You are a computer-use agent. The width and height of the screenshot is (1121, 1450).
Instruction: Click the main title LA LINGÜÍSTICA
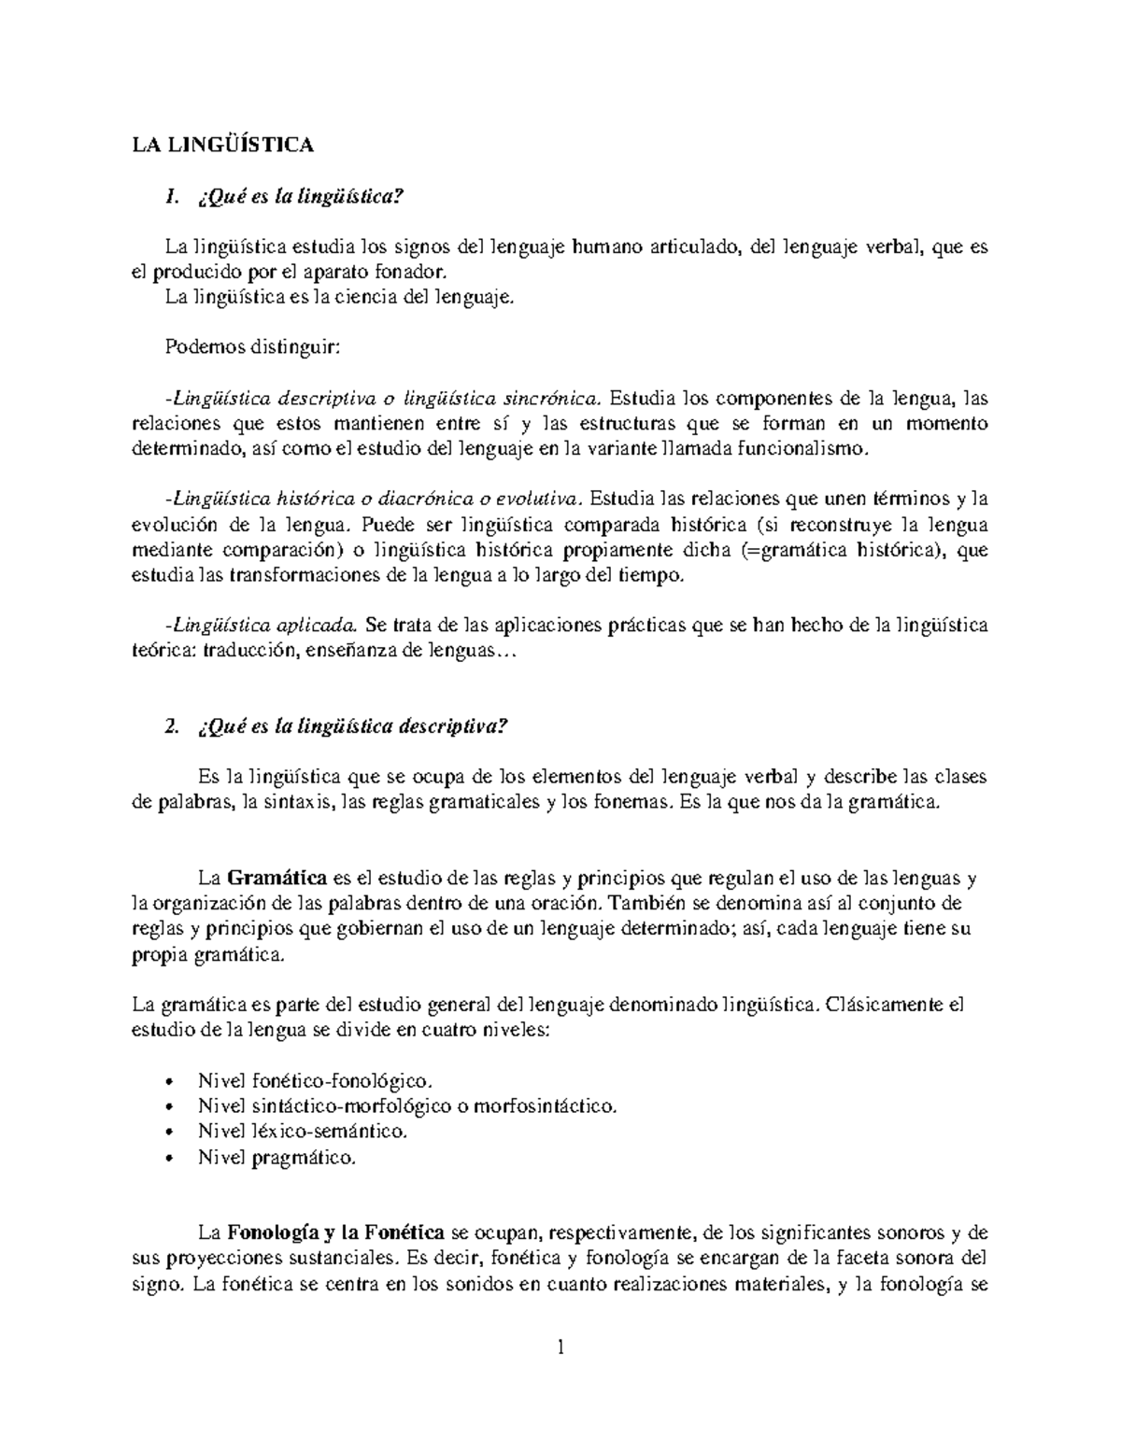click(x=222, y=145)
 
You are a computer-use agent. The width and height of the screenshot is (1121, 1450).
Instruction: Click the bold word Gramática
click(x=277, y=880)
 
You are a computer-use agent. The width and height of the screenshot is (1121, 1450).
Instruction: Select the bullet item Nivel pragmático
click(x=277, y=1158)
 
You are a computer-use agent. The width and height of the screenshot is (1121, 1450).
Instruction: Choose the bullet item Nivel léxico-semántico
click(x=303, y=1132)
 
